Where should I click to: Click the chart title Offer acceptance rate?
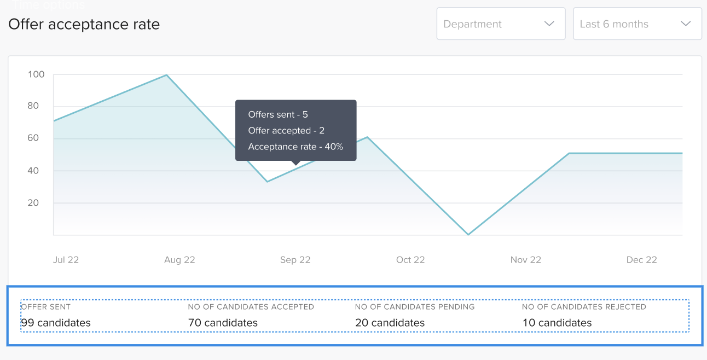(x=84, y=24)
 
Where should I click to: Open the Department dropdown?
(x=500, y=24)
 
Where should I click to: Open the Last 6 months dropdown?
(x=637, y=24)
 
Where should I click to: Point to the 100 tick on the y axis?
(x=37, y=74)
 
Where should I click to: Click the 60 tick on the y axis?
(x=33, y=138)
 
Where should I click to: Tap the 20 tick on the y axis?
(x=33, y=202)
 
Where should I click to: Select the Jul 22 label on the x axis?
(x=66, y=260)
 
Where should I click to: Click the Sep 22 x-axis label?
(x=295, y=260)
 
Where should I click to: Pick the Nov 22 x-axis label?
(x=525, y=260)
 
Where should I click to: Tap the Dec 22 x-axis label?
(x=641, y=260)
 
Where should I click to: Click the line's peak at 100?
(x=166, y=75)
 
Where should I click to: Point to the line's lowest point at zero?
(x=468, y=235)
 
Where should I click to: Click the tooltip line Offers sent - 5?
(x=278, y=114)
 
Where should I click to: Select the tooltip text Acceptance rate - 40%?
(x=295, y=147)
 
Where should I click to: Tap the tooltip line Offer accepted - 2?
(x=286, y=130)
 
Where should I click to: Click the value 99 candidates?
(x=56, y=323)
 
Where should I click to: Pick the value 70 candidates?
(x=223, y=323)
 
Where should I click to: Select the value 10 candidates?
(x=557, y=323)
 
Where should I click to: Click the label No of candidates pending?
(x=414, y=307)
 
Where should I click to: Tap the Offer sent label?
(x=46, y=307)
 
